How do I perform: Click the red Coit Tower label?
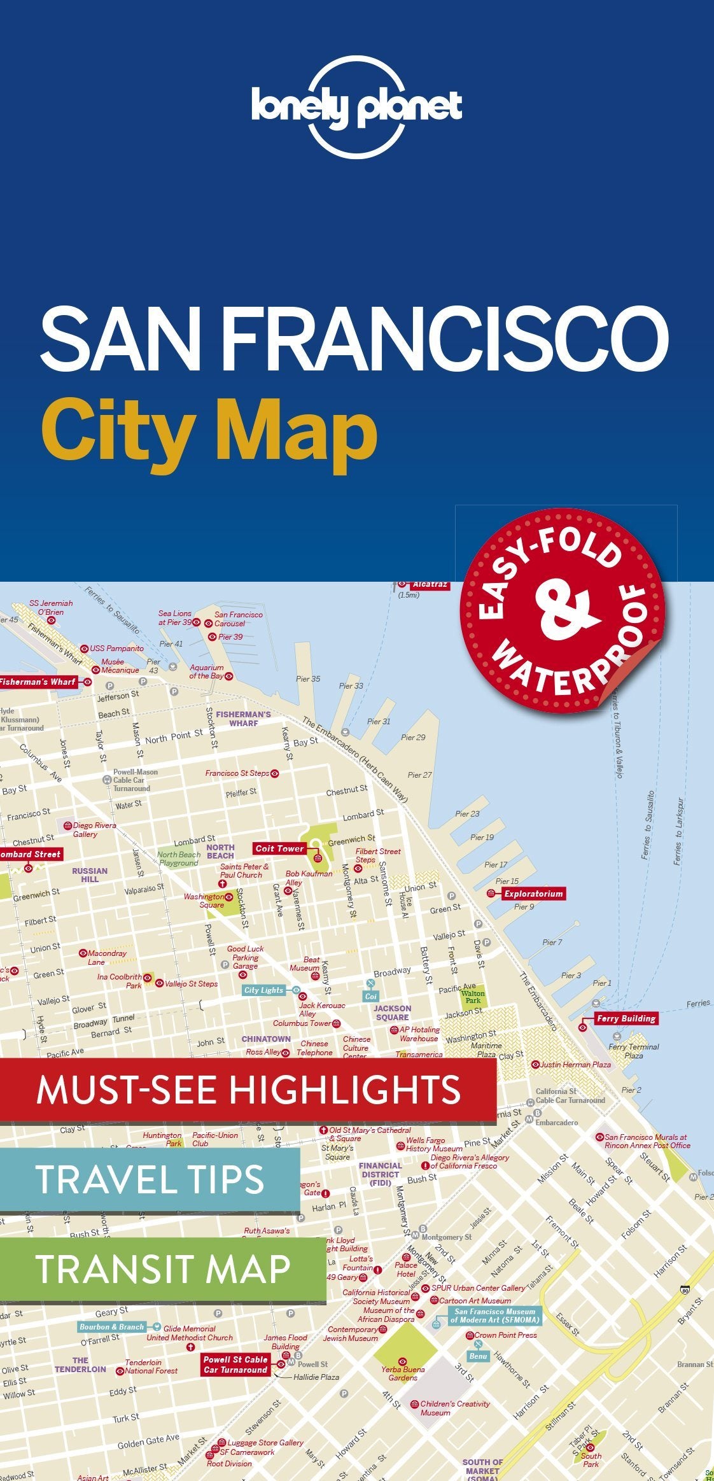(x=280, y=848)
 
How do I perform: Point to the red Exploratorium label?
(x=533, y=894)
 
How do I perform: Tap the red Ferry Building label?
(x=626, y=1018)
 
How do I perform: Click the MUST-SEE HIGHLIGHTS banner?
(x=248, y=1089)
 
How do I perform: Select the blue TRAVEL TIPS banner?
(x=150, y=1179)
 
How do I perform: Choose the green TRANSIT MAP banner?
(x=162, y=1268)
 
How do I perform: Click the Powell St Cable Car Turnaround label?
(x=235, y=1365)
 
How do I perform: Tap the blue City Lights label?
(x=263, y=990)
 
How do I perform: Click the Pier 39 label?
(x=230, y=636)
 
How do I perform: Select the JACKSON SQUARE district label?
(x=392, y=1013)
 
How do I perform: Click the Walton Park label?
(x=473, y=997)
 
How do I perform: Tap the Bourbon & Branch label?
(x=111, y=1327)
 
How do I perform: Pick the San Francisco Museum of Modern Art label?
(x=494, y=1316)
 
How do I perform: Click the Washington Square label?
(x=204, y=901)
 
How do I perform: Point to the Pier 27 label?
(x=419, y=775)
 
